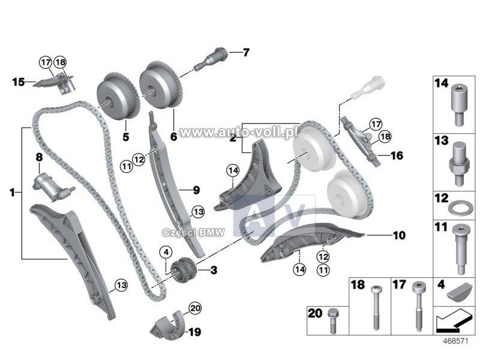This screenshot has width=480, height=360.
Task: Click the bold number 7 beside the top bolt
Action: (x=245, y=53)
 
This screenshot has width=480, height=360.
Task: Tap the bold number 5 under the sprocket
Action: (x=125, y=136)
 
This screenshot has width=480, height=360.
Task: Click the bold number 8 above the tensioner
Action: (x=38, y=157)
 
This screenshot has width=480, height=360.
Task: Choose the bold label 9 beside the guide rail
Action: (x=196, y=191)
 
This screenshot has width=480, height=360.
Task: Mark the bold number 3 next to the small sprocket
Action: (x=214, y=271)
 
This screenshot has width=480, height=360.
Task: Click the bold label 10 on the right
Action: (x=399, y=236)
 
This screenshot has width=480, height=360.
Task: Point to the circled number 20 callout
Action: (x=193, y=308)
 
